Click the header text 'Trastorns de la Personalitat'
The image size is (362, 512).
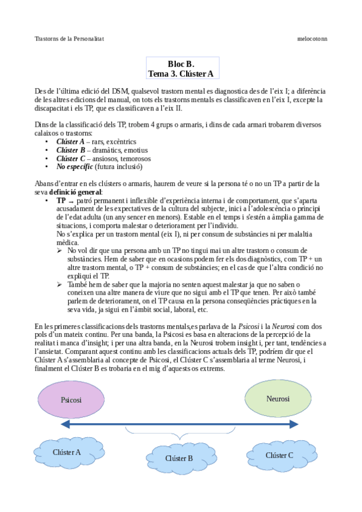[x=69, y=38]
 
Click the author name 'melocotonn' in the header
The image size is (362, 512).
[x=312, y=38]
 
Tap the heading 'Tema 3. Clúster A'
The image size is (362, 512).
[x=181, y=74]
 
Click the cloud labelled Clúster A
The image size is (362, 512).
[x=66, y=452]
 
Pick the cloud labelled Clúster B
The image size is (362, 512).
[x=179, y=458]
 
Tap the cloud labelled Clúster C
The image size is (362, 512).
[x=279, y=455]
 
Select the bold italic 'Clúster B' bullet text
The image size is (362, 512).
[x=70, y=150]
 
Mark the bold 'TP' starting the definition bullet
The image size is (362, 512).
[x=61, y=200]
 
